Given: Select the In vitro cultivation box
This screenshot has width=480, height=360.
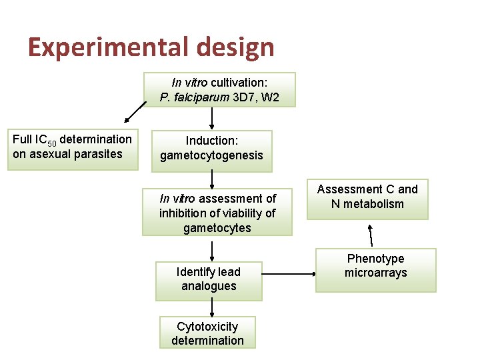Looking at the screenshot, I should point(219,90).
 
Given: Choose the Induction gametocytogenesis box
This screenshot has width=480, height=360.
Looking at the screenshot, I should point(211,149).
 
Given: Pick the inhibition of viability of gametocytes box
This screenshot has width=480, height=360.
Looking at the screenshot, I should point(217,213).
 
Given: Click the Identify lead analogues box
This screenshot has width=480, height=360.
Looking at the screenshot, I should point(209,279).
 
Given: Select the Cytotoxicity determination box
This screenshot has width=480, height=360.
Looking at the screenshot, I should point(207,333).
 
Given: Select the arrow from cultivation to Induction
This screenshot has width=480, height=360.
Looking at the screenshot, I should point(212,118).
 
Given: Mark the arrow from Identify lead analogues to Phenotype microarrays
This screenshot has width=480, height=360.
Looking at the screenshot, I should point(288,273).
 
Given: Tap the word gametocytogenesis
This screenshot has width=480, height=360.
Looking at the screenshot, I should point(211,155).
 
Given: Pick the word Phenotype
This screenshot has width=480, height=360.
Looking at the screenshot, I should point(375,259).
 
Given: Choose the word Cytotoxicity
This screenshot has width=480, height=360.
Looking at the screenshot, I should point(207,326).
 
